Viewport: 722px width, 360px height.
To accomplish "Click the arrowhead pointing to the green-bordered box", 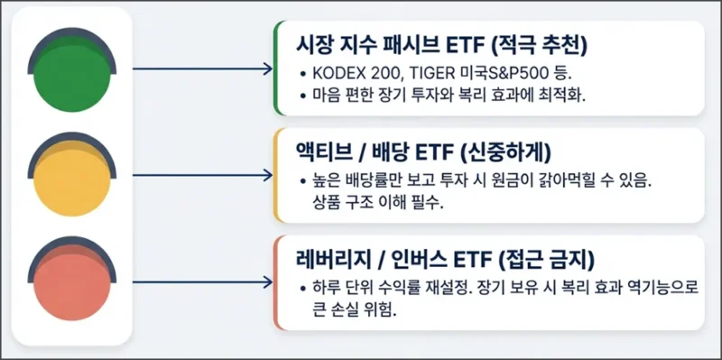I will tap(266, 69).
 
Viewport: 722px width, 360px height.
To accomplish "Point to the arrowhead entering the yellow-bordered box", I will tap(266, 174).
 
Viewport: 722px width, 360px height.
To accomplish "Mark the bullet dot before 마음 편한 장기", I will tap(301, 96).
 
